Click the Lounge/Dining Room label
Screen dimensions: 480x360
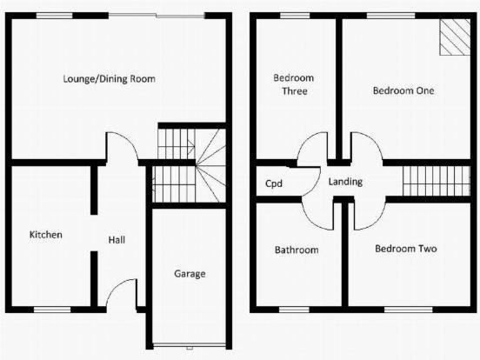109,79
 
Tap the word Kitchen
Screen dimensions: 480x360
46,235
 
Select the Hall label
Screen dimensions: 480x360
117,240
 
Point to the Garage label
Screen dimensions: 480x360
190,274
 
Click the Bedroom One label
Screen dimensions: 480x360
403,90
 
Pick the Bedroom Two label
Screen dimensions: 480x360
406,249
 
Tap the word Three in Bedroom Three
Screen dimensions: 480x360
295,91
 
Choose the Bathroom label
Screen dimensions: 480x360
297,250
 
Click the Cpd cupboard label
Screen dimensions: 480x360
274,183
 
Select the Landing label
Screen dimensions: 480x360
345,182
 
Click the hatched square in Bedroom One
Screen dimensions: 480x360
455,37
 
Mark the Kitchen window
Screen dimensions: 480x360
52,310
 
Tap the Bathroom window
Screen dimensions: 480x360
294,310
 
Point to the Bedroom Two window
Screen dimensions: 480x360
409,310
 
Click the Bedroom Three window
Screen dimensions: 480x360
295,16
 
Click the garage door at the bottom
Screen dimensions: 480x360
190,345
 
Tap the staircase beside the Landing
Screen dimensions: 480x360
437,181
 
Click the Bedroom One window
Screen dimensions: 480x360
391,16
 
